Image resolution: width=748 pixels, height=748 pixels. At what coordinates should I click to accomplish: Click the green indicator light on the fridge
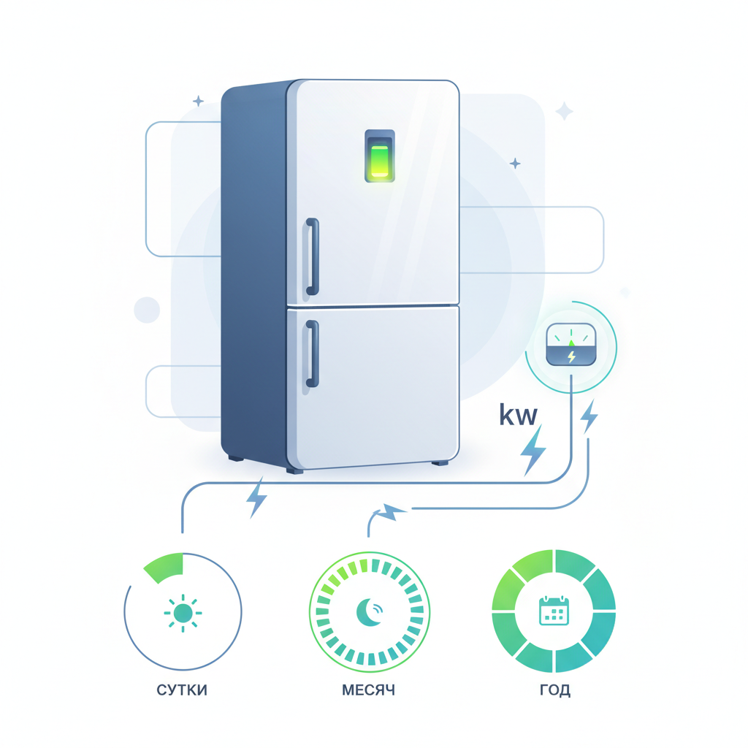(x=380, y=161)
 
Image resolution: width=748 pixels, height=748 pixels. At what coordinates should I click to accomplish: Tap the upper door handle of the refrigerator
(x=313, y=256)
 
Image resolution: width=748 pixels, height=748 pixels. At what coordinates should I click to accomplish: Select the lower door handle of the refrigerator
(x=313, y=354)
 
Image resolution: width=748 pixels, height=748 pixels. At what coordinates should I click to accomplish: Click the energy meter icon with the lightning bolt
(x=571, y=345)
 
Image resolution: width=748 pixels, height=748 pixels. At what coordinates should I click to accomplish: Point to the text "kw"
(x=518, y=416)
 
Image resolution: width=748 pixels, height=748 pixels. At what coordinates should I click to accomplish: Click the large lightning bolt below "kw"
(x=533, y=450)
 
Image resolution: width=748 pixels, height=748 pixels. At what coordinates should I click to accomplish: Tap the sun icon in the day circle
(x=183, y=613)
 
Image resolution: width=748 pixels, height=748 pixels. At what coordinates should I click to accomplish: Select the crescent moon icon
(x=368, y=612)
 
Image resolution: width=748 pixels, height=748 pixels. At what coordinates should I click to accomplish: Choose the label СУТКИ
(x=182, y=690)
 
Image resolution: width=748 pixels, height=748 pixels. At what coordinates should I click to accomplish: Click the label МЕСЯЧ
(x=368, y=690)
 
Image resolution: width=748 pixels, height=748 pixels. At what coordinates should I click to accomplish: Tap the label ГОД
(x=555, y=690)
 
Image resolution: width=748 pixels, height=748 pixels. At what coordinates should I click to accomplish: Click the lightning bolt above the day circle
(x=256, y=497)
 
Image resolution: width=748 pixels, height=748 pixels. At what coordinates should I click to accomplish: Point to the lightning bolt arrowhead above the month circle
(x=392, y=512)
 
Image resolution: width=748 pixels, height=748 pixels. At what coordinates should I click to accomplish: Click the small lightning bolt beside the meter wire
(x=589, y=416)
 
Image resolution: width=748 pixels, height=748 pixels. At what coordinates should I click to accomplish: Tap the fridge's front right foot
(x=440, y=462)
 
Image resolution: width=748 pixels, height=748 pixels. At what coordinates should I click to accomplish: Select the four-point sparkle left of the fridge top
(x=198, y=101)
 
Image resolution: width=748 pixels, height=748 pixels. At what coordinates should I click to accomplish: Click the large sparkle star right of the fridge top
(x=565, y=111)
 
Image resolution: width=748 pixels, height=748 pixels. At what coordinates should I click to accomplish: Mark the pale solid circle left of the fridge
(x=147, y=310)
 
